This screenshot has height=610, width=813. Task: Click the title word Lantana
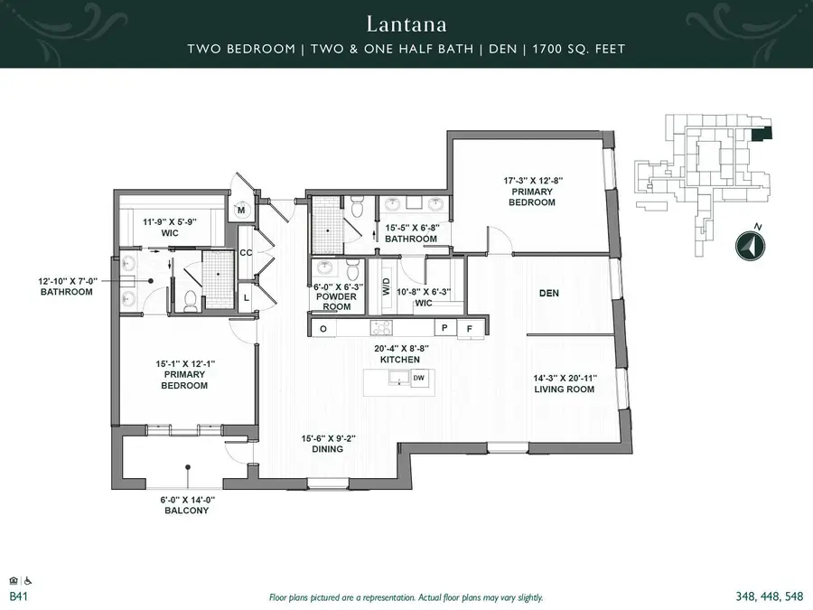406,21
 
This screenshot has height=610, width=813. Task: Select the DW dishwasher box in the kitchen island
419,379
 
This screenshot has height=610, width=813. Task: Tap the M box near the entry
241,211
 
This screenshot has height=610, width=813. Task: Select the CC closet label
245,254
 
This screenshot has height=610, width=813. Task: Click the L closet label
247,297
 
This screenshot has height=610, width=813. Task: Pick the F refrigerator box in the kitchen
469,329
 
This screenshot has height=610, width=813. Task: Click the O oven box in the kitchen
323,329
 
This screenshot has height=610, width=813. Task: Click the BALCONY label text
187,511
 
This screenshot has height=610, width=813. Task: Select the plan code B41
17,597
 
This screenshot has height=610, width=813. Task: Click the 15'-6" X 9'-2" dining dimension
329,438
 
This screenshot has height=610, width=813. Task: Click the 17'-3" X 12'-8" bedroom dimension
533,181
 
